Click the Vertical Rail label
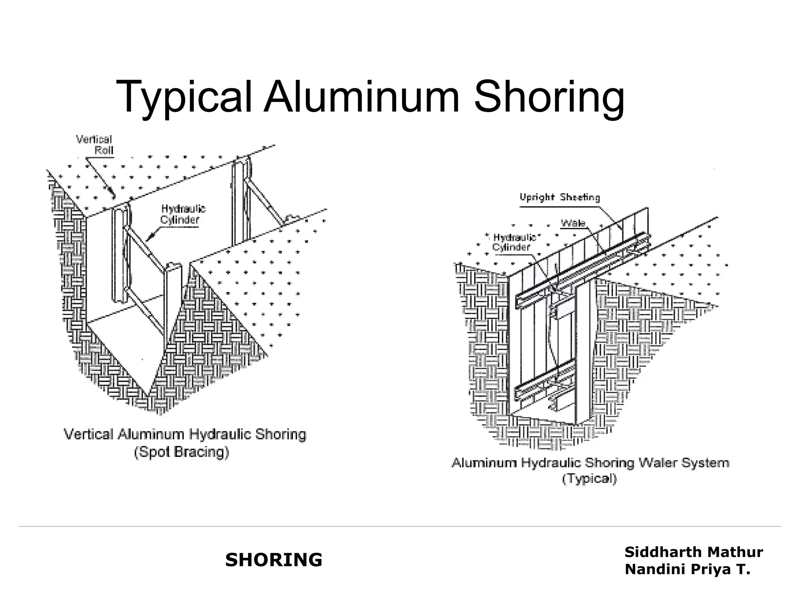click(94, 145)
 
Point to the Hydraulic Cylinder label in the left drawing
click(183, 214)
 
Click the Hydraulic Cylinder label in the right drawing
click(513, 242)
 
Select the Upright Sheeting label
click(559, 197)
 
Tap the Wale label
click(573, 223)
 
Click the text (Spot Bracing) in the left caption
click(181, 452)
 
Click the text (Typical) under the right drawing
click(589, 479)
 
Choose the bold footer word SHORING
click(273, 560)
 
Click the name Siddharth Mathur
click(693, 552)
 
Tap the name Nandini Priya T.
click(687, 569)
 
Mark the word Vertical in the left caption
click(88, 434)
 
